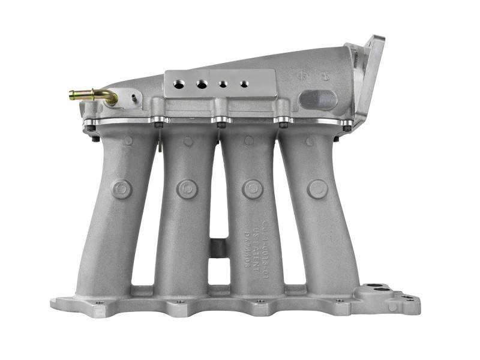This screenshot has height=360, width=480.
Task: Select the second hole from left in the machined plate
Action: [202, 85]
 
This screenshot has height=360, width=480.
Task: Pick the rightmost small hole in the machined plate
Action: [244, 84]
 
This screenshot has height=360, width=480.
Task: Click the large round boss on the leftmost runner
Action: [122, 189]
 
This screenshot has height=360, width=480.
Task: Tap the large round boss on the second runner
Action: [187, 189]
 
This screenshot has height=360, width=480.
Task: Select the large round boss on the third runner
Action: [253, 189]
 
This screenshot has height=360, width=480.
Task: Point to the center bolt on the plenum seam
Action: [221, 124]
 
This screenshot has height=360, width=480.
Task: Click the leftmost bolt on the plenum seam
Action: [91, 127]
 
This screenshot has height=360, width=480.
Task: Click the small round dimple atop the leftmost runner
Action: [128, 141]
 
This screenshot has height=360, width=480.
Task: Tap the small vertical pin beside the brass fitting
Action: [133, 98]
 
